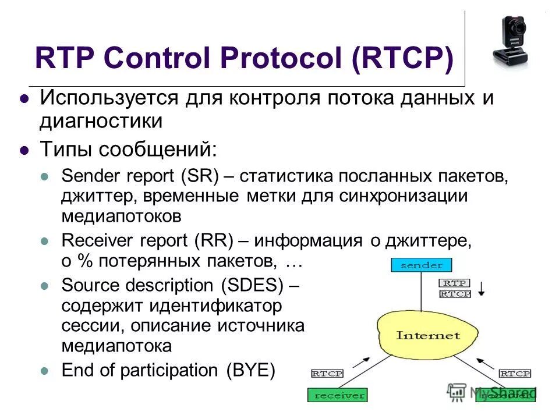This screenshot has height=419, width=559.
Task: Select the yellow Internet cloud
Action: (427, 336)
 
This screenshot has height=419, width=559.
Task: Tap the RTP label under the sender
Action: (454, 283)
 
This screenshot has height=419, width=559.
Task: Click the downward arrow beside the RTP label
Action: (482, 287)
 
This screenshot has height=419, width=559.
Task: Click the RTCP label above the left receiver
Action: (327, 373)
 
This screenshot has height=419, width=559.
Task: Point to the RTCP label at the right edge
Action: (515, 373)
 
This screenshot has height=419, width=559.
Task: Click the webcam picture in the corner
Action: (510, 41)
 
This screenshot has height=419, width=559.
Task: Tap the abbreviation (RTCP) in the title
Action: (402, 59)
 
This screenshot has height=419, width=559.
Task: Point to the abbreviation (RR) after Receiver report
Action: (215, 240)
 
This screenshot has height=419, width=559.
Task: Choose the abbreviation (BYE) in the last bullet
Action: (250, 370)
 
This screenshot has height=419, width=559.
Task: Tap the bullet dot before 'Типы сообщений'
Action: (24, 150)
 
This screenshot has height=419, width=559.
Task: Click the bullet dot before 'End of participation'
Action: (46, 371)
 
